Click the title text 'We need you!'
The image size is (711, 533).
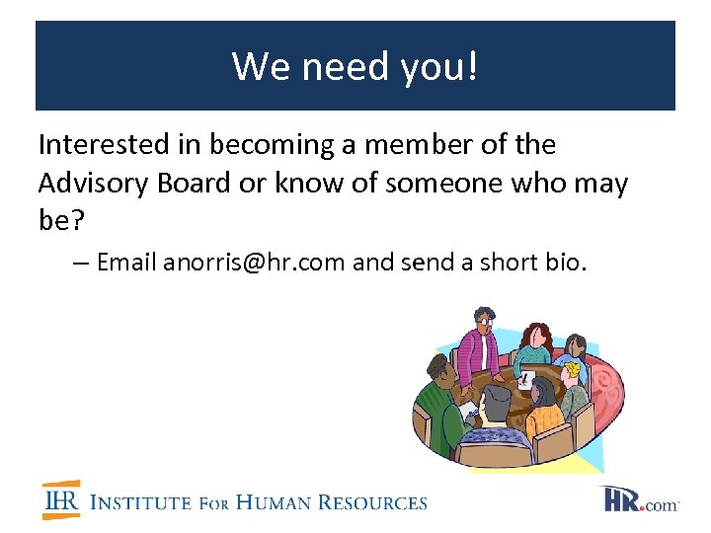[355, 66]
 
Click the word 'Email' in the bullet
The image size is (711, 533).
[127, 263]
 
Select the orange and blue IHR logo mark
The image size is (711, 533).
[60, 501]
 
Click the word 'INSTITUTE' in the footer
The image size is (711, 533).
[140, 503]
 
